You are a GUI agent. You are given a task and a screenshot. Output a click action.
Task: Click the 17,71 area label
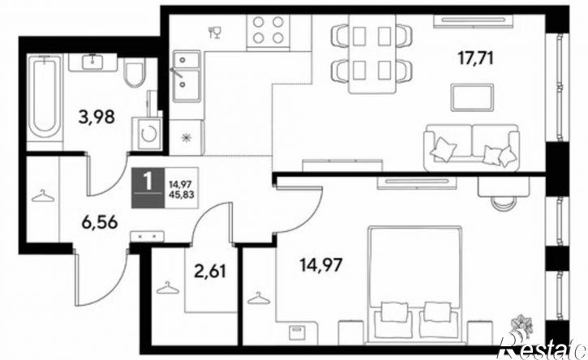point(475,58)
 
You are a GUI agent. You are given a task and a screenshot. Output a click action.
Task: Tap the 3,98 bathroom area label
point(96,117)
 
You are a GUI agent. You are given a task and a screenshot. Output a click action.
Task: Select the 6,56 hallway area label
point(100,223)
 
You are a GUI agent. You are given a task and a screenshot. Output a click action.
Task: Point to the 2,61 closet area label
point(210,271)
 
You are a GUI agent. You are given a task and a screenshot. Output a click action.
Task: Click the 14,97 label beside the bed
point(321,265)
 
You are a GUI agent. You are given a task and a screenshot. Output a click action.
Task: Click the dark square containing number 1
point(148,187)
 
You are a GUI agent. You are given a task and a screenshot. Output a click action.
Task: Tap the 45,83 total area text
point(182,195)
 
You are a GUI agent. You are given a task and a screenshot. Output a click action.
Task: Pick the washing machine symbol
point(147,134)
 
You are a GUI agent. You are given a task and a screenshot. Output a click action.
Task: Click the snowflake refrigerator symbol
point(187,138)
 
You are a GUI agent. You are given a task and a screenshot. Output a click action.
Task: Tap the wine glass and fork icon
point(215,32)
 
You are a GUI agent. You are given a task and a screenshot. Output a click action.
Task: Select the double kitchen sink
point(187,76)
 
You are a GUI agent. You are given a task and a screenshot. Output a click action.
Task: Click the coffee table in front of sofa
point(472,97)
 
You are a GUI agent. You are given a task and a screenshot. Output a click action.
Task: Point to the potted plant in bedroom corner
point(522,324)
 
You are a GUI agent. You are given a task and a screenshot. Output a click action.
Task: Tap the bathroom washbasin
point(92,62)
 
